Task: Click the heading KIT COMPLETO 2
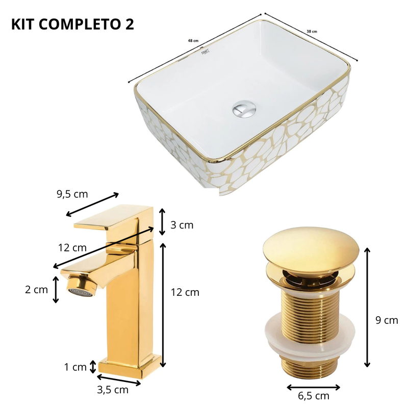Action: [x=72, y=25]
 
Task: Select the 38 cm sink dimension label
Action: [x=311, y=31]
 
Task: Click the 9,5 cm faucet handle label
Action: [x=72, y=194]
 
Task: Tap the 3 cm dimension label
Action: [x=182, y=225]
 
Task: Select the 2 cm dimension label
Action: [x=36, y=290]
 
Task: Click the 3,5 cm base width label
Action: [x=113, y=390]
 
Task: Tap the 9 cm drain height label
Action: [x=386, y=320]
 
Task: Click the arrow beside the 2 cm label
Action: [x=56, y=289]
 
